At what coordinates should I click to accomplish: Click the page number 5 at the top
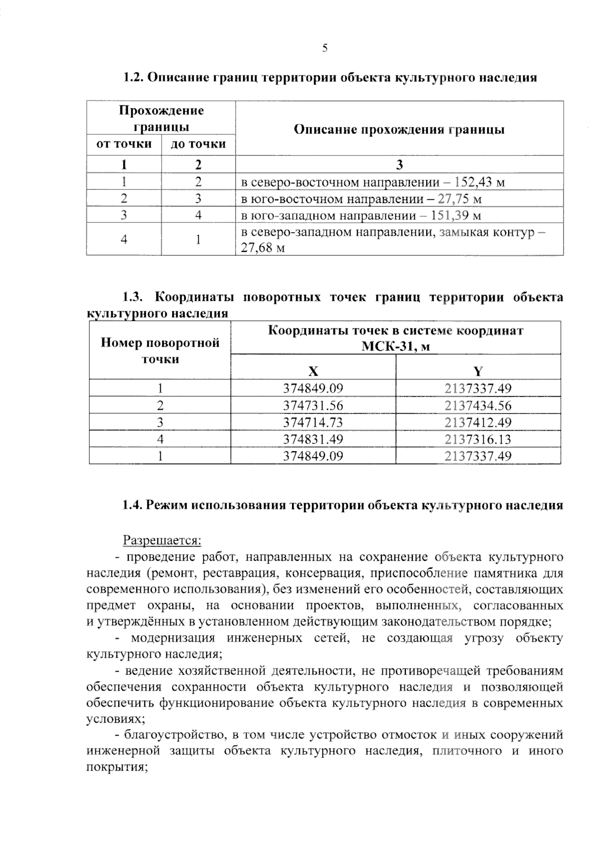325,48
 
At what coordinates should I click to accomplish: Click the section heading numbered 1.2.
330,78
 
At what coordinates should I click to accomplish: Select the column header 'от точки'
124,144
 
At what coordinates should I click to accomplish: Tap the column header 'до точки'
198,144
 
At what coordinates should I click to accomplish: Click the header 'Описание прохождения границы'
399,129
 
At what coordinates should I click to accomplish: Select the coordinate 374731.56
313,406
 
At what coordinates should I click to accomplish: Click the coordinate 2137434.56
478,406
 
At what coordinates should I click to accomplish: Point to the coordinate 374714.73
313,423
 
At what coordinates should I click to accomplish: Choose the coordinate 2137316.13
478,439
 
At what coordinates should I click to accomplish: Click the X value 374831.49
313,439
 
